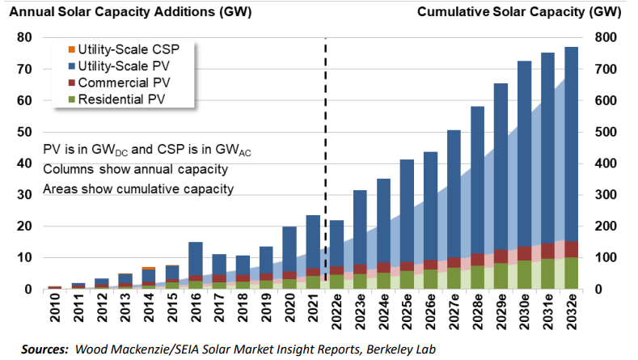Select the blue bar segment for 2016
tap(195, 259)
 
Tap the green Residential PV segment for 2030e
tap(524, 274)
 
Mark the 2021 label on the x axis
tap(313, 311)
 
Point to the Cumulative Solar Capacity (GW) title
tap(526, 11)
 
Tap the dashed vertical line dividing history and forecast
tap(326, 162)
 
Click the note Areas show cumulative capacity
tap(138, 188)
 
